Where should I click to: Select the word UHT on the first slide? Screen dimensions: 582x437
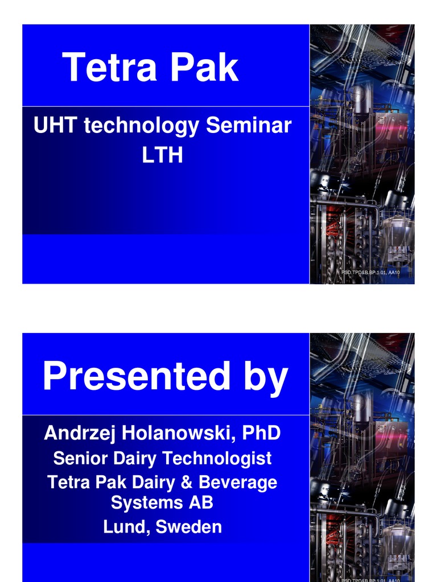pyautogui.click(x=56, y=126)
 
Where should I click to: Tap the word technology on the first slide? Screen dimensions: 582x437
pyautogui.click(x=142, y=127)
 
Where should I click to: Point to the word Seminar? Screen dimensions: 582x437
pyautogui.click(x=249, y=126)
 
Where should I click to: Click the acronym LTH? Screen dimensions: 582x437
pyautogui.click(x=163, y=154)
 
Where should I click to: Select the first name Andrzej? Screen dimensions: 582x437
pyautogui.click(x=79, y=434)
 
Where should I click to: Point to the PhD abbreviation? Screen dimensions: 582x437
pyautogui.click(x=261, y=433)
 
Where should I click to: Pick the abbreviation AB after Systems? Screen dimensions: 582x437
pyautogui.click(x=200, y=502)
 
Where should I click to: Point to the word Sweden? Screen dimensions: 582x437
pyautogui.click(x=189, y=527)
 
